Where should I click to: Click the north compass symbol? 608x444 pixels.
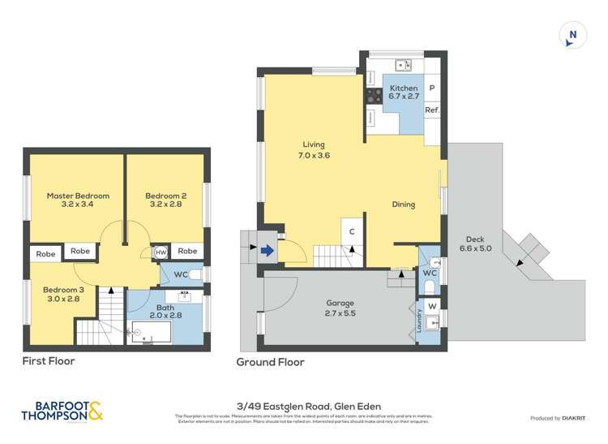572,35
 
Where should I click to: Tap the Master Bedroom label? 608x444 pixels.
78,200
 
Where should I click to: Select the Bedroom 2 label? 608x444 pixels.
166,200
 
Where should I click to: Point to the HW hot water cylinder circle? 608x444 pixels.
161,252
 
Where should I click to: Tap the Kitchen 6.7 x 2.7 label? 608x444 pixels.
404,93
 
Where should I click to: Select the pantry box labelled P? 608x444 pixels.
431,88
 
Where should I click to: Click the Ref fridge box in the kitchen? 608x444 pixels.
431,110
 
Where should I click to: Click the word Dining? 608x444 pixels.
403,205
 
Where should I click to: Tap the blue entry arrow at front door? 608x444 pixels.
265,250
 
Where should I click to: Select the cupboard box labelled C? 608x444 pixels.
351,231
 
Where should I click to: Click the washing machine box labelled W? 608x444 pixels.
431,306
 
